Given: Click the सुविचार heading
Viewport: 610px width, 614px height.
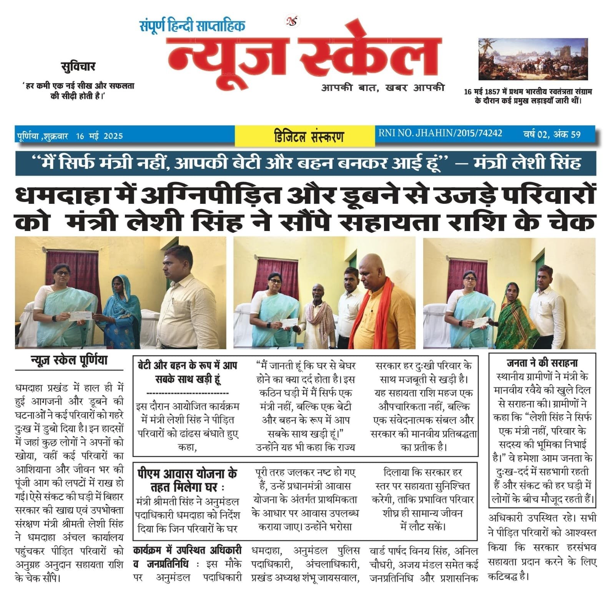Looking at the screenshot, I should point(78,67).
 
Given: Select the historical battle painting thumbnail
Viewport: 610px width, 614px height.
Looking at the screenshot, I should point(533,59).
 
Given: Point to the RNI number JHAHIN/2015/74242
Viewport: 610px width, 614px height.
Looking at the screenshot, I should point(440,134).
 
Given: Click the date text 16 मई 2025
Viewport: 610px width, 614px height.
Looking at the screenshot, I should point(100,136).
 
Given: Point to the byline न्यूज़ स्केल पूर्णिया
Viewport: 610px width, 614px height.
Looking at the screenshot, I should point(69,361).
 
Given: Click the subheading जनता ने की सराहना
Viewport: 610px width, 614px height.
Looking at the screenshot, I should point(542,363).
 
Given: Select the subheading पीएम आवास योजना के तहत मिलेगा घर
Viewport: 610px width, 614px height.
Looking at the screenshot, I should point(187,480).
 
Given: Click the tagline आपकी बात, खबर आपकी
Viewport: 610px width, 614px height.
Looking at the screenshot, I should point(382,88).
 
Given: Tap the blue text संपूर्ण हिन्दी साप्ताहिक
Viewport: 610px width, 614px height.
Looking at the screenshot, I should point(192,26).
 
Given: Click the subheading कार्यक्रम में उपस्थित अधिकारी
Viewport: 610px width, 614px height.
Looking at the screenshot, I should point(187,551).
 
